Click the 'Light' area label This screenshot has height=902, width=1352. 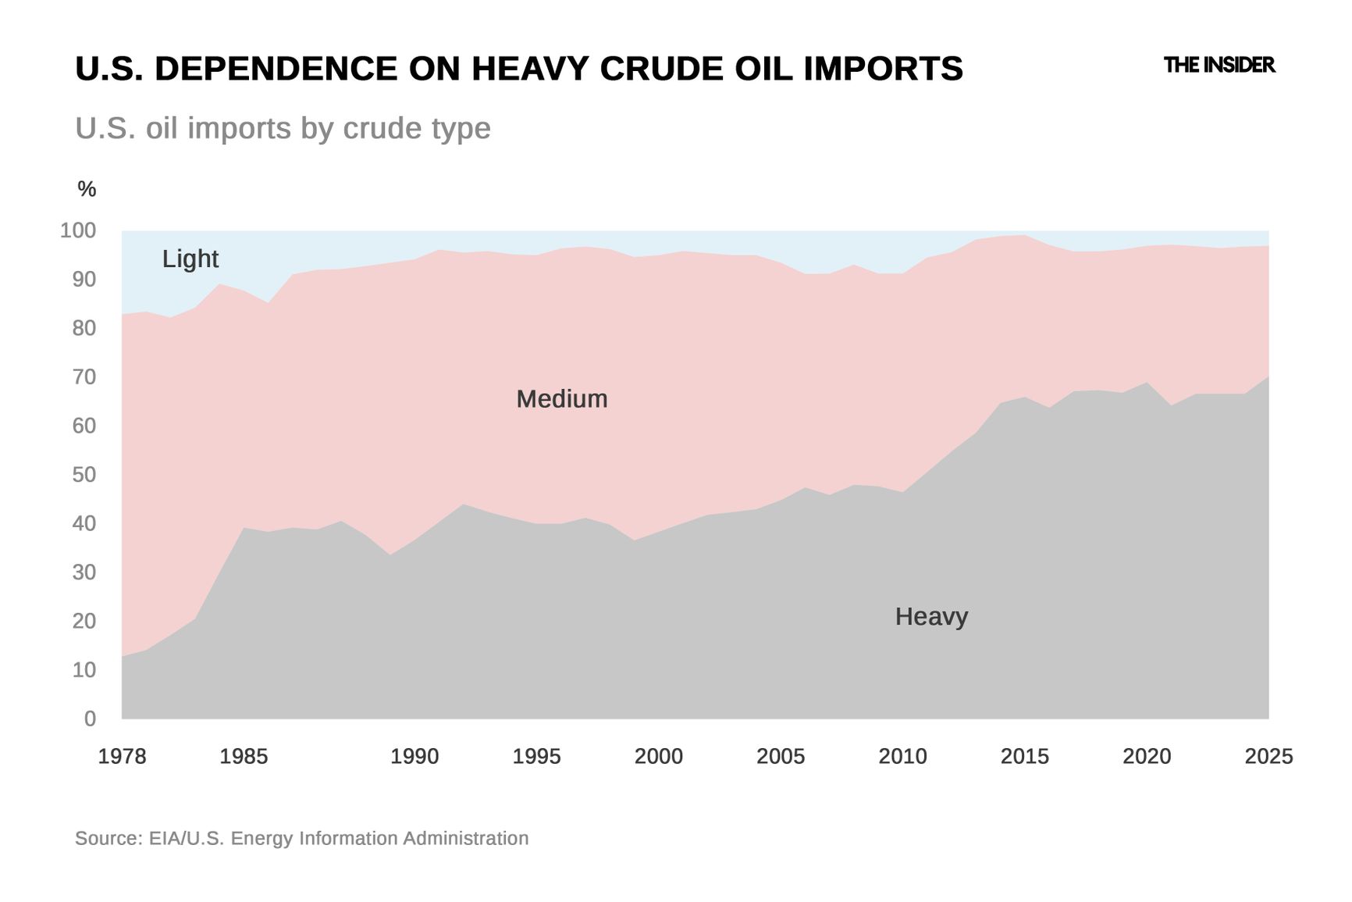pos(190,258)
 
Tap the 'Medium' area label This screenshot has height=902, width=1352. pos(561,399)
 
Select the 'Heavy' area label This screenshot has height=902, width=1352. pos(931,617)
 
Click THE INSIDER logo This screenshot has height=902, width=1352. pos(1219,66)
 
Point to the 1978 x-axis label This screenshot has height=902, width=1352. pos(122,757)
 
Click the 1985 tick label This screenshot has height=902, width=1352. pos(244,757)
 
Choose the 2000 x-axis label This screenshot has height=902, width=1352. pos(658,757)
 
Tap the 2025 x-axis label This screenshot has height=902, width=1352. pos(1268,757)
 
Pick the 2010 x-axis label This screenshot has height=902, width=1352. pos(902,757)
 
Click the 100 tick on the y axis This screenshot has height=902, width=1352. pos(78,231)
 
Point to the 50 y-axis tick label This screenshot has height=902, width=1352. pos(84,475)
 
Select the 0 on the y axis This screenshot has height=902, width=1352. pos(90,719)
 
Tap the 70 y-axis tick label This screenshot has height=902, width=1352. pos(84,377)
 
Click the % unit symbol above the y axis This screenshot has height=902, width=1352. pos(87,189)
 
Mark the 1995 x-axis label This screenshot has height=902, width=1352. pos(536,757)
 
